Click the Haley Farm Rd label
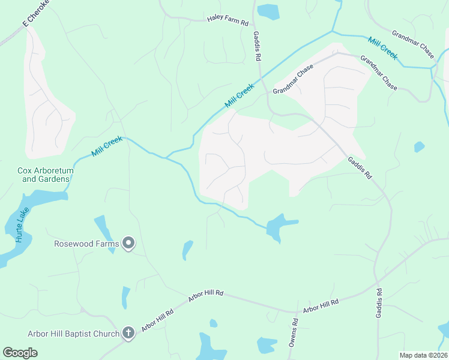pyautogui.click(x=228, y=21)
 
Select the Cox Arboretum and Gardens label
pyautogui.click(x=45, y=175)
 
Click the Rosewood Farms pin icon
pyautogui.click(x=128, y=243)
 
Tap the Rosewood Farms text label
pyautogui.click(x=86, y=244)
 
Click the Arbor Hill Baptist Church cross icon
pyautogui.click(x=128, y=333)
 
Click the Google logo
pyautogui.click(x=20, y=353)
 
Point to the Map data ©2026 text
pyautogui.click(x=423, y=355)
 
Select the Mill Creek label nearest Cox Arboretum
pyautogui.click(x=107, y=146)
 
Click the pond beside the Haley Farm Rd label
pyautogui.click(x=268, y=11)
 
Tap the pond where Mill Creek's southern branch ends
pyautogui.click(x=277, y=227)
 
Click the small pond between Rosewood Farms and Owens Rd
pyautogui.click(x=187, y=250)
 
